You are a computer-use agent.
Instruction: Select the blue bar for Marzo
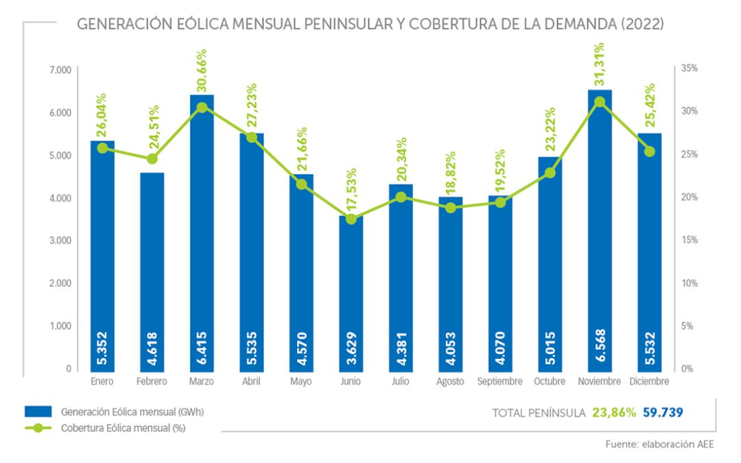pyautogui.click(x=202, y=233)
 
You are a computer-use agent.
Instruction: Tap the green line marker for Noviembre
pyautogui.click(x=600, y=102)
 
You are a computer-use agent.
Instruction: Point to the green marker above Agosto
pyautogui.click(x=451, y=208)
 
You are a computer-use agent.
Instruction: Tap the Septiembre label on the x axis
pyautogui.click(x=500, y=381)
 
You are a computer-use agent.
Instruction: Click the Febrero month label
pyautogui.click(x=152, y=381)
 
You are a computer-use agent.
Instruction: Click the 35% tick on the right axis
pyautogui.click(x=688, y=69)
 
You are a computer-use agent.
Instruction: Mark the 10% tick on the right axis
pyautogui.click(x=688, y=283)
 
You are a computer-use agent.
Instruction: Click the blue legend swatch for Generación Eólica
pyautogui.click(x=38, y=412)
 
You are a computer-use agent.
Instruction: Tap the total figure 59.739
pyautogui.click(x=663, y=412)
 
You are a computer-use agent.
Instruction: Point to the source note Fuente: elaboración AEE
pyautogui.click(x=659, y=444)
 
